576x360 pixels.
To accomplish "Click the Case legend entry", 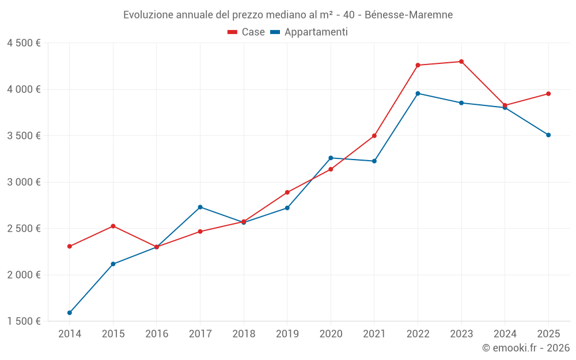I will click(x=247, y=32).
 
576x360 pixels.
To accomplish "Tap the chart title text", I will click(x=287, y=14).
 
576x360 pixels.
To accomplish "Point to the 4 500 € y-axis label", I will click(x=24, y=43).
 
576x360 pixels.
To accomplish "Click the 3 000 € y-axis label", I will click(x=24, y=182).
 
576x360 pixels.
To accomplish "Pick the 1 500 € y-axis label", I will click(x=24, y=321).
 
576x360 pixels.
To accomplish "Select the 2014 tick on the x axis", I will click(x=70, y=334).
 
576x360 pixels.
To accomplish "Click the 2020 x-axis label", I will click(x=331, y=334).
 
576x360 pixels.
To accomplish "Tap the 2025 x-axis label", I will click(x=548, y=334).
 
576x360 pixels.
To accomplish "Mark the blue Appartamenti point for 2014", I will click(x=70, y=313).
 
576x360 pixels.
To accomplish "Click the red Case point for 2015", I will click(x=113, y=226).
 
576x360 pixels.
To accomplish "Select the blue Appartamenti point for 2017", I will click(x=200, y=207).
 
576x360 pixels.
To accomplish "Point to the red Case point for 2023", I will click(x=461, y=62).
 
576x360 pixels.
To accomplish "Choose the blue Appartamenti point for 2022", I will click(x=418, y=93).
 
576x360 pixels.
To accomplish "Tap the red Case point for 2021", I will click(x=374, y=136).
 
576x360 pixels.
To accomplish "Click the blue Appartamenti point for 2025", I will click(x=548, y=135).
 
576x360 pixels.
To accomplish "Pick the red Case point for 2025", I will click(x=548, y=94).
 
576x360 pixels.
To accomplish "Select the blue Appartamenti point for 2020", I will click(x=331, y=158).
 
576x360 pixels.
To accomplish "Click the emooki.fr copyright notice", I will click(x=525, y=347).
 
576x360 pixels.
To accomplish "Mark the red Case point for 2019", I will click(x=287, y=192).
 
